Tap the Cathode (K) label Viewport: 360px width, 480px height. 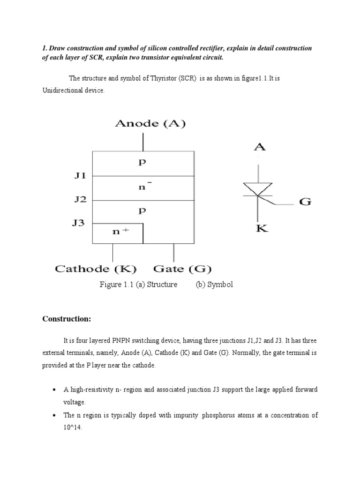pyautogui.click(x=96, y=269)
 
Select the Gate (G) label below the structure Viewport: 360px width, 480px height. pyautogui.click(x=182, y=269)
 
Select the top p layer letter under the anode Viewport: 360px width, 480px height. pyautogui.click(x=143, y=163)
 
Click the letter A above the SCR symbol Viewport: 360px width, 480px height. pyautogui.click(x=260, y=147)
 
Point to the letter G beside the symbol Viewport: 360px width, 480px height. pyautogui.click(x=305, y=203)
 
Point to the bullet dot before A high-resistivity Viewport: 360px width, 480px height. pyautogui.click(x=54, y=390)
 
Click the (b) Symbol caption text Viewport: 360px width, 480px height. pyautogui.click(x=214, y=285)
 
